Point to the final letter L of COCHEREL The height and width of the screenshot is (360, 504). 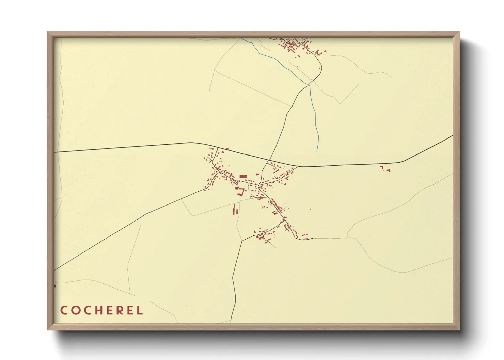tap(140, 310)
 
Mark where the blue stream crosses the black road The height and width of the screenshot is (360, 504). tap(309, 84)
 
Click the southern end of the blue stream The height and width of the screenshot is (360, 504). tap(317, 152)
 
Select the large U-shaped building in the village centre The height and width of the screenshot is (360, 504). tap(240, 192)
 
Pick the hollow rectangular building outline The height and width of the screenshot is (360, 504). tap(287, 226)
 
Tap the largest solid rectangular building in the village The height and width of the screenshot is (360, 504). tap(243, 176)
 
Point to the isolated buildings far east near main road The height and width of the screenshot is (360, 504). tap(385, 168)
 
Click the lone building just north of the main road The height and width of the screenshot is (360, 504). tap(227, 149)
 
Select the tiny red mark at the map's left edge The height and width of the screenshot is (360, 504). tap(55, 286)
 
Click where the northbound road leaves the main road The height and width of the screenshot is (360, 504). tap(269, 160)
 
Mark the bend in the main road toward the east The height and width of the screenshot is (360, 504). tap(403, 162)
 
